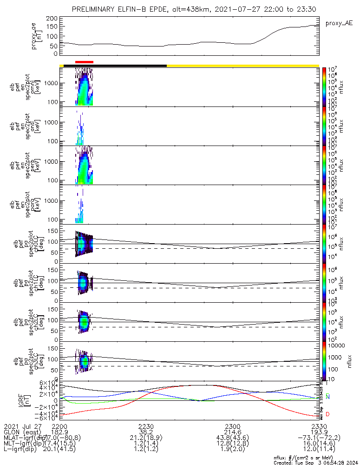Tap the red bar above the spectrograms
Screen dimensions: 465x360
click(x=84, y=61)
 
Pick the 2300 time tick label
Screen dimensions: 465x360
click(x=232, y=425)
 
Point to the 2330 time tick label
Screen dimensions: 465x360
click(x=319, y=425)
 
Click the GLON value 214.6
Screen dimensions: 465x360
click(x=232, y=432)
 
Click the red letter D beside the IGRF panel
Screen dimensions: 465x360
click(x=328, y=414)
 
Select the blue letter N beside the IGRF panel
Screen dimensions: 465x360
click(x=328, y=397)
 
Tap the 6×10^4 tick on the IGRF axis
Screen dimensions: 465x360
click(x=47, y=383)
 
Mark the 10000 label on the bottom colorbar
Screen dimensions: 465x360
click(x=336, y=346)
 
